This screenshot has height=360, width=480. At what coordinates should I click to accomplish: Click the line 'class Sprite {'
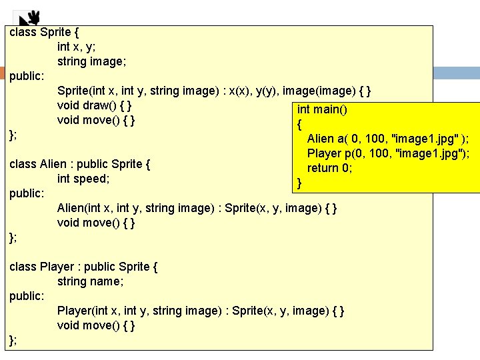(45, 32)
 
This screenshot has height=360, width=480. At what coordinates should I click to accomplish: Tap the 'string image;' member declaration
(92, 61)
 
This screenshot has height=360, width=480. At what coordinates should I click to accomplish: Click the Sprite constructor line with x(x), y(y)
(215, 91)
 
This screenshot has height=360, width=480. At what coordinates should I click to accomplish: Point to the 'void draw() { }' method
(94, 105)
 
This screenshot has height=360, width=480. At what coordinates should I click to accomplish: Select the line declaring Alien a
(387, 139)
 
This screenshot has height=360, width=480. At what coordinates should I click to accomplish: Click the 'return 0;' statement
(329, 168)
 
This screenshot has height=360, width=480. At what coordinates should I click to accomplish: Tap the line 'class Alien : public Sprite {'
(80, 164)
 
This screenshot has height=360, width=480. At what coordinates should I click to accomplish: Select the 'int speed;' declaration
(83, 179)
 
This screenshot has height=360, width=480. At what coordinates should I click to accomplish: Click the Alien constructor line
(197, 208)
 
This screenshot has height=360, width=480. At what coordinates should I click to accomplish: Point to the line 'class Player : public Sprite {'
(83, 267)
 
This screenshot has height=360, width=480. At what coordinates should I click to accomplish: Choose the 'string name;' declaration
(91, 281)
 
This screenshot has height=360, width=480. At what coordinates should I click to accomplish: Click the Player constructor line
(201, 311)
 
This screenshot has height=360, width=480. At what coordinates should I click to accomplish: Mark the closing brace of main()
(299, 183)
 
